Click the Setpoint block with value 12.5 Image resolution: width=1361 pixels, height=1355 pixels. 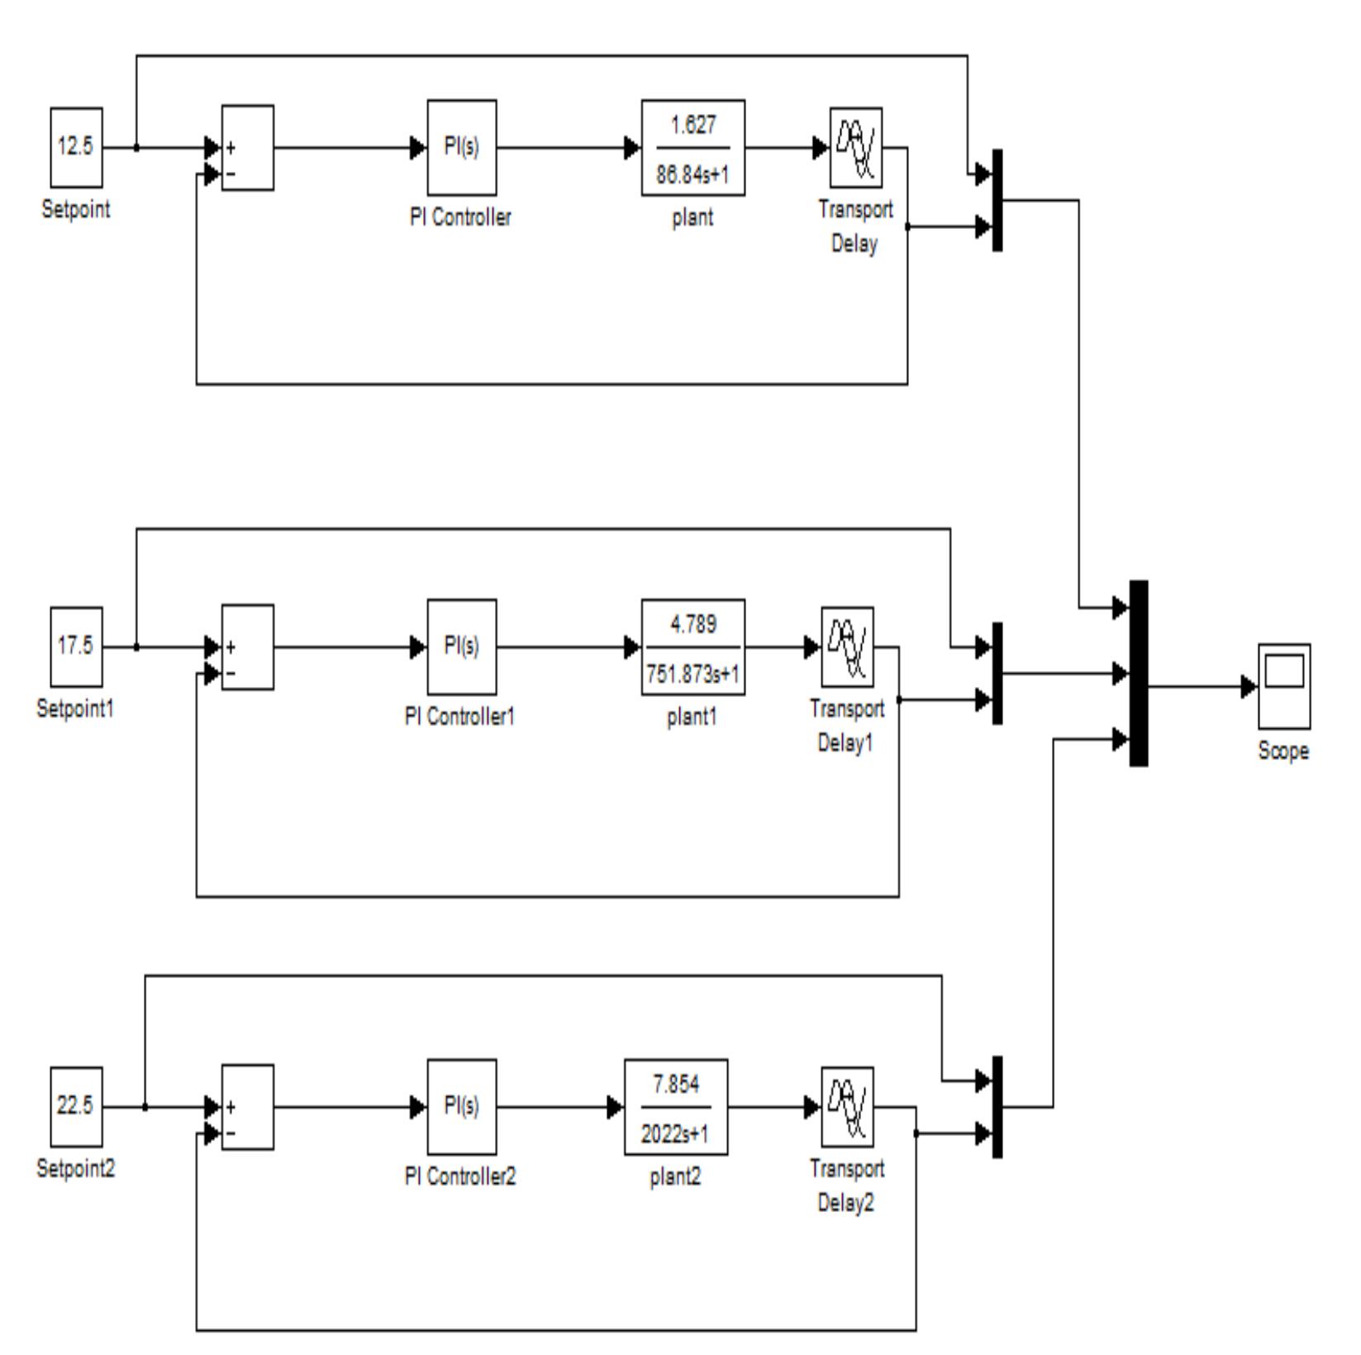[76, 147]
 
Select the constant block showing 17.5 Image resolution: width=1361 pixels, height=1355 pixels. [76, 646]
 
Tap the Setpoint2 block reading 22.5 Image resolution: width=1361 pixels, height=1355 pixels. [76, 1106]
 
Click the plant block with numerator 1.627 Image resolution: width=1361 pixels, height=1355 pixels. [692, 148]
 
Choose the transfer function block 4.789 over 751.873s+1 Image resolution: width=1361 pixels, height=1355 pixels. [692, 646]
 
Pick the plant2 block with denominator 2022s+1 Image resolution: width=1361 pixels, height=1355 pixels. [676, 1106]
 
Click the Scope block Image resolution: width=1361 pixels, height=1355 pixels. [1283, 685]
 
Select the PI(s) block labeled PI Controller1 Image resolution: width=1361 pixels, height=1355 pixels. [461, 646]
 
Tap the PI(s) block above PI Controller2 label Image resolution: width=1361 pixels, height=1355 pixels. [461, 1106]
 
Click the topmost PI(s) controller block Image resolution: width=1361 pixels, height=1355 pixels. [461, 148]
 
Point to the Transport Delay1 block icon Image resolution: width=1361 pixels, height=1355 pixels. [847, 646]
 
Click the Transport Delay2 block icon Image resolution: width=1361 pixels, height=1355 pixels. [847, 1106]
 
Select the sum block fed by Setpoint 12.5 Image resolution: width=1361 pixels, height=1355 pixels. [248, 148]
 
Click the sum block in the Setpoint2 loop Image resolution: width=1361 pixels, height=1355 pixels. [248, 1106]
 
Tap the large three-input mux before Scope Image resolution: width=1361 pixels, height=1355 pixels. [1139, 673]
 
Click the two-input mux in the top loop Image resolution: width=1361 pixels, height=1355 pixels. [997, 200]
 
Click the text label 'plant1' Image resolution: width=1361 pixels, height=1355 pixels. [692, 718]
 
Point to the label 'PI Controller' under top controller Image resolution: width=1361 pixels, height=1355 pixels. [460, 218]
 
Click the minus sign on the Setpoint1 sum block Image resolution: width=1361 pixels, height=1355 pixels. [231, 674]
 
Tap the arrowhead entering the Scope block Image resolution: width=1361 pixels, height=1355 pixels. [1249, 686]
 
